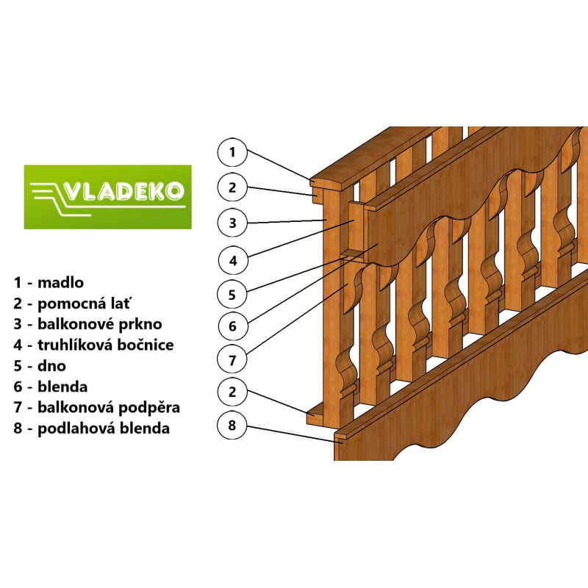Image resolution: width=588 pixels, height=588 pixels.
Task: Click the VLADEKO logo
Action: click(x=107, y=197)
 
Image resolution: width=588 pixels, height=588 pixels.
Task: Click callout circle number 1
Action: click(x=232, y=152)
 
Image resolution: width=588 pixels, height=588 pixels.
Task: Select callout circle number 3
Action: click(x=232, y=223)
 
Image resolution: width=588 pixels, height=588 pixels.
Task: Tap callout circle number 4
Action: click(x=232, y=260)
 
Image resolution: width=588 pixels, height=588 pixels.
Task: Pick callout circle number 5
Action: click(x=232, y=295)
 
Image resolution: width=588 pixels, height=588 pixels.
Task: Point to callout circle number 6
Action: click(x=232, y=326)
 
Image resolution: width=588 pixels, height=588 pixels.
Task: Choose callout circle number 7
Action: click(x=232, y=360)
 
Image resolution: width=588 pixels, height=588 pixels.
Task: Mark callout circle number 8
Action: click(x=232, y=426)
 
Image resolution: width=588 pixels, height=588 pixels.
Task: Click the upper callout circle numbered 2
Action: click(x=232, y=187)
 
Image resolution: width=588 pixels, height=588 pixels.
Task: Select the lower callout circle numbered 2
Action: click(x=232, y=392)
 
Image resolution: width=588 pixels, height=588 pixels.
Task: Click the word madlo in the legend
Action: click(x=61, y=282)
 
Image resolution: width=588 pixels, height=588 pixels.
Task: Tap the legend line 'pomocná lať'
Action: click(x=85, y=304)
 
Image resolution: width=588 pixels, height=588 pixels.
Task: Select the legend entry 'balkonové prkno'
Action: click(x=100, y=324)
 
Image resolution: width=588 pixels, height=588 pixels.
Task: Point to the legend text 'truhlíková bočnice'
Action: click(x=106, y=345)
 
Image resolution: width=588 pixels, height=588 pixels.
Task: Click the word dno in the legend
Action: click(x=51, y=365)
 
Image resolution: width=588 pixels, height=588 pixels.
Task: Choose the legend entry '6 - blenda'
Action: click(x=50, y=387)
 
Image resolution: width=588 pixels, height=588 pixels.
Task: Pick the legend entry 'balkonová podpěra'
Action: click(x=109, y=408)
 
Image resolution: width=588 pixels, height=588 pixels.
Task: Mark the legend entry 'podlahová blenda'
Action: click(x=104, y=429)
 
